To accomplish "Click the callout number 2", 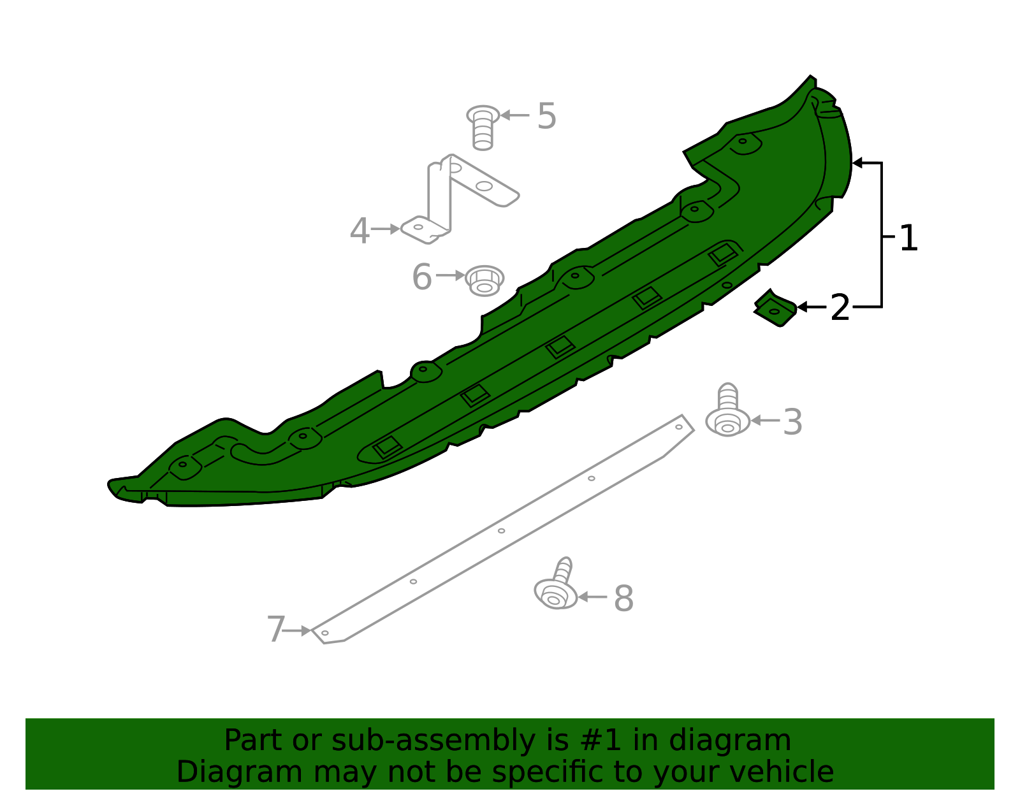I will coord(840,308).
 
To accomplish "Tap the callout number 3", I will coord(792,422).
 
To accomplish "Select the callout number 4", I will coord(360,230).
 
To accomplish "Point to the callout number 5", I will coord(546,116).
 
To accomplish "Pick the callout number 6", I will coord(421,277).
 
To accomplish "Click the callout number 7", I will coord(275,630).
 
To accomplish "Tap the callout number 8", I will coord(623,599).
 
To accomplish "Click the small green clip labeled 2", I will coord(775,309).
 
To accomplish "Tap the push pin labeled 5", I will coord(483,127).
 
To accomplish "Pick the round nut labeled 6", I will coord(484,280).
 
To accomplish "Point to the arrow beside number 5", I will coord(515,115).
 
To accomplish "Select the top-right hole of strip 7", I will coord(679,427).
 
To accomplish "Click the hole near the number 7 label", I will coord(325,633).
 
